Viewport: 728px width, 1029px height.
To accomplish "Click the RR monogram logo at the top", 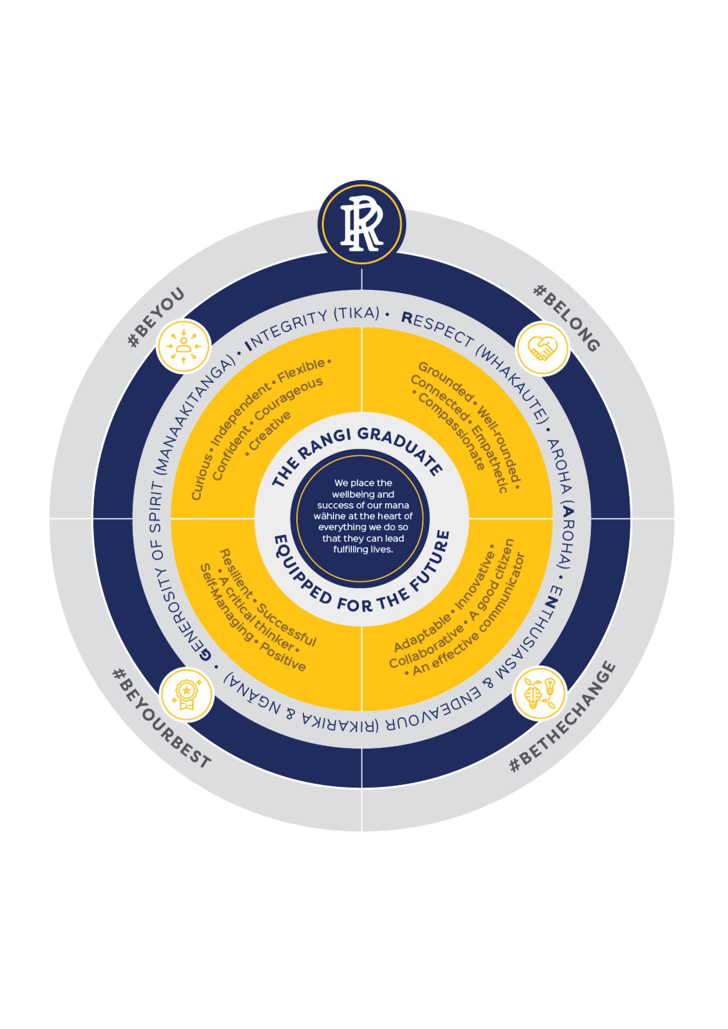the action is click(362, 224).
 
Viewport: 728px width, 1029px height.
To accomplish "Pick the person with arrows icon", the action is click(183, 346).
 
